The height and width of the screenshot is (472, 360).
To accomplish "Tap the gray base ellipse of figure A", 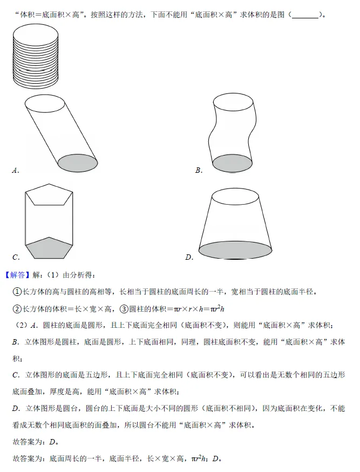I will [x=77, y=161].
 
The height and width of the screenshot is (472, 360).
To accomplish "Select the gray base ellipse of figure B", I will [x=232, y=163].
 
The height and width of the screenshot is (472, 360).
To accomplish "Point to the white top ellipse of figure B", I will [x=233, y=102].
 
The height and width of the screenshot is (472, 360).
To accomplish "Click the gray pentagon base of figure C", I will [x=49, y=249].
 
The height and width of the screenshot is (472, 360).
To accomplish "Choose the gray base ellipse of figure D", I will [x=235, y=250].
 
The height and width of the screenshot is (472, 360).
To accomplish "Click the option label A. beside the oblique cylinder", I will [x=15, y=171].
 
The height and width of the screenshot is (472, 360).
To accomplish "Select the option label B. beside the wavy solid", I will [x=199, y=171].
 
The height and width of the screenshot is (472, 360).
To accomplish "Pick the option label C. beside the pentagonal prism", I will [x=16, y=257].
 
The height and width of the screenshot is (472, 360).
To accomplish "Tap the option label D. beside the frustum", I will [x=189, y=257].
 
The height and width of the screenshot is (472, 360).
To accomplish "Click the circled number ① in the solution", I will [x=17, y=292].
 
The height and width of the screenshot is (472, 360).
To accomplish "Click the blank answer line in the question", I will [x=304, y=15].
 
